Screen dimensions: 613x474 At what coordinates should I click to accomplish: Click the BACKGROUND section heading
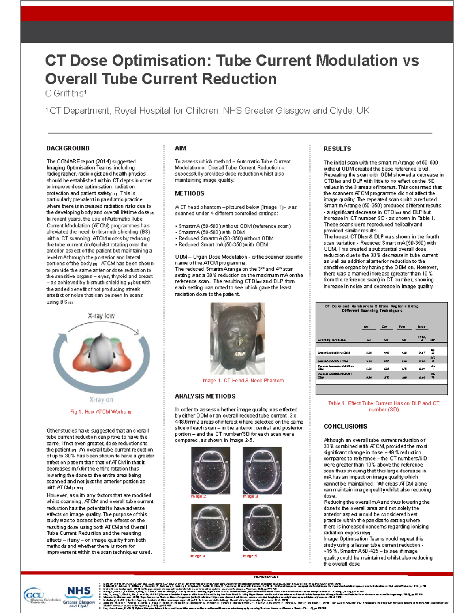click(x=68, y=148)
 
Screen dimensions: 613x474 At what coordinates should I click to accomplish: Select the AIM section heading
click(x=181, y=148)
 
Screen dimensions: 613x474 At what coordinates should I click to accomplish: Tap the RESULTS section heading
click(x=337, y=149)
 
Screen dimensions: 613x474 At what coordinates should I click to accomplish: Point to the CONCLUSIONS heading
click(x=345, y=426)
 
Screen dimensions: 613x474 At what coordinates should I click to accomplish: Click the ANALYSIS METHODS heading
click(x=205, y=396)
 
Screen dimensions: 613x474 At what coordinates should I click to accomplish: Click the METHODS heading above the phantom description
click(x=190, y=193)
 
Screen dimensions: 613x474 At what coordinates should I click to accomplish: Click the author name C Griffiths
click(x=66, y=94)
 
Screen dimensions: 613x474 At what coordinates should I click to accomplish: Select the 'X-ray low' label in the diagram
click(x=101, y=316)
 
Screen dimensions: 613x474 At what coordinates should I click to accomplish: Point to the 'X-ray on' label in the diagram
click(x=101, y=399)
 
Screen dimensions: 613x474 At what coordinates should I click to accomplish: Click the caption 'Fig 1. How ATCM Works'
click(x=101, y=412)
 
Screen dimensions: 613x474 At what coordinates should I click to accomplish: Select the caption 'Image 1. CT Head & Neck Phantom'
click(x=243, y=381)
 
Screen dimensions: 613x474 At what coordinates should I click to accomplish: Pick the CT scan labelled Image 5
click(x=262, y=527)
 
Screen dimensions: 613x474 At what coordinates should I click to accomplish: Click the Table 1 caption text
click(x=383, y=406)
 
